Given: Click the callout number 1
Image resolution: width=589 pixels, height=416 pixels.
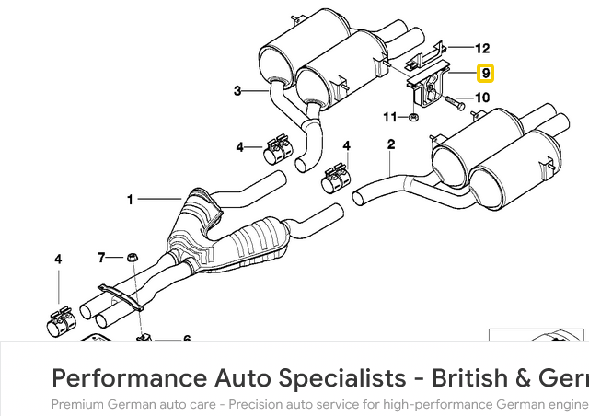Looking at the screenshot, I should (x=131, y=199).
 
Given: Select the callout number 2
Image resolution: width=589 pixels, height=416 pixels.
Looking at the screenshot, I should (x=391, y=144).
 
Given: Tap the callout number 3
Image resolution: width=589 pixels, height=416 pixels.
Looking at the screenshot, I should (x=237, y=90).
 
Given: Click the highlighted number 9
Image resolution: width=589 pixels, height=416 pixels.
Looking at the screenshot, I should (x=485, y=74).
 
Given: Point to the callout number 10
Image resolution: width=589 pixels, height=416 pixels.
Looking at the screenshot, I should (x=482, y=98).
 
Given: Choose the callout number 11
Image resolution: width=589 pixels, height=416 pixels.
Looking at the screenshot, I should (x=389, y=117).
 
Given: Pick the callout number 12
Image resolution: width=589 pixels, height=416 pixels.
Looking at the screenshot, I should (x=482, y=49).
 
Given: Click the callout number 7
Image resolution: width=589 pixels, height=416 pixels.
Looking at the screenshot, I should (x=102, y=257).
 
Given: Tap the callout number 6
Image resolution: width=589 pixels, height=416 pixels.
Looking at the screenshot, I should (x=186, y=340).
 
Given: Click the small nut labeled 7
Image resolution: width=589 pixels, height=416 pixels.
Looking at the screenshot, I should (x=132, y=257).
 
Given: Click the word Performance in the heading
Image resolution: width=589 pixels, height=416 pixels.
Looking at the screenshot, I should (x=128, y=377).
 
